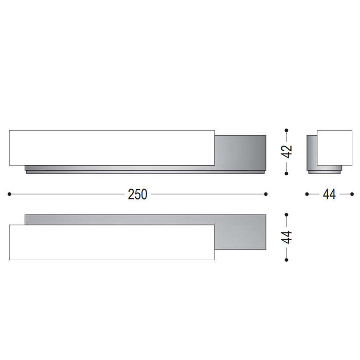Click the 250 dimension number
[137, 194]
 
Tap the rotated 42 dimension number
[286, 152]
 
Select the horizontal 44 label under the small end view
[329, 194]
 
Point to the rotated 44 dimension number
[286, 237]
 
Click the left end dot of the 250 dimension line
[9, 194]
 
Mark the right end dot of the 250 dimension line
[266, 194]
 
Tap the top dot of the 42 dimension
[286, 131]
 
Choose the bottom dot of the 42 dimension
[286, 174]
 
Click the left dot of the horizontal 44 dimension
[307, 194]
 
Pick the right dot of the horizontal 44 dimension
[352, 194]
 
